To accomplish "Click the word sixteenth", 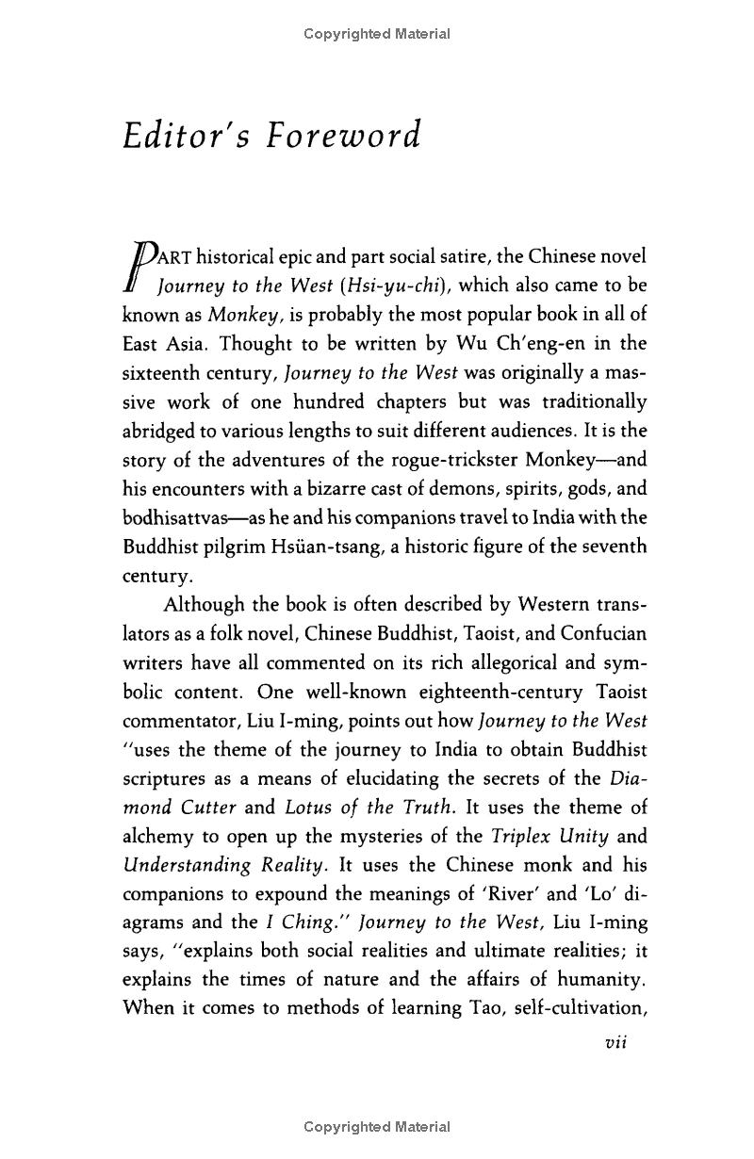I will pos(165,372).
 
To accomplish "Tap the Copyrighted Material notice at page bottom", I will pos(377,1126).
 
